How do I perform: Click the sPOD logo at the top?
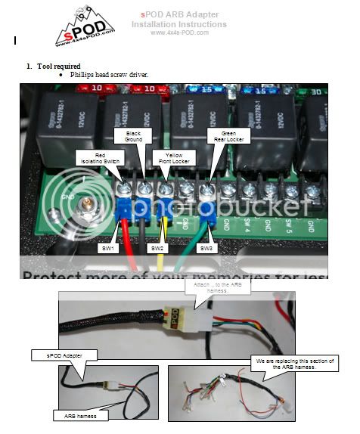tap(85, 25)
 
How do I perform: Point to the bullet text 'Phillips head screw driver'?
tap(110, 76)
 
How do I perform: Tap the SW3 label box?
tap(206, 248)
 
